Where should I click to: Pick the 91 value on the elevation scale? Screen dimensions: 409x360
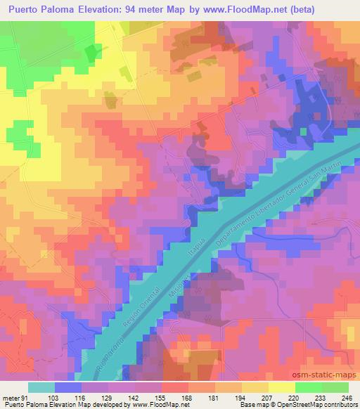pyautogui.click(x=26, y=398)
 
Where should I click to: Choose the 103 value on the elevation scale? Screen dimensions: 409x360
pyautogui.click(x=53, y=398)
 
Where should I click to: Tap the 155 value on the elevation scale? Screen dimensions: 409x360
pyautogui.click(x=161, y=398)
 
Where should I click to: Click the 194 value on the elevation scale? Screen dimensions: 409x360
pyautogui.click(x=241, y=398)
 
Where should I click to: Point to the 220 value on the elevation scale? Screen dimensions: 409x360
pyautogui.click(x=295, y=398)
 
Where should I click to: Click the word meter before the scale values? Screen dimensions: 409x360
pyautogui.click(x=11, y=398)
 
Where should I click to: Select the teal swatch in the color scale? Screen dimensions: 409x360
pyautogui.click(x=41, y=387)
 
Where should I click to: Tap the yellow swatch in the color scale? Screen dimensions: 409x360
pyautogui.click(x=282, y=387)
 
